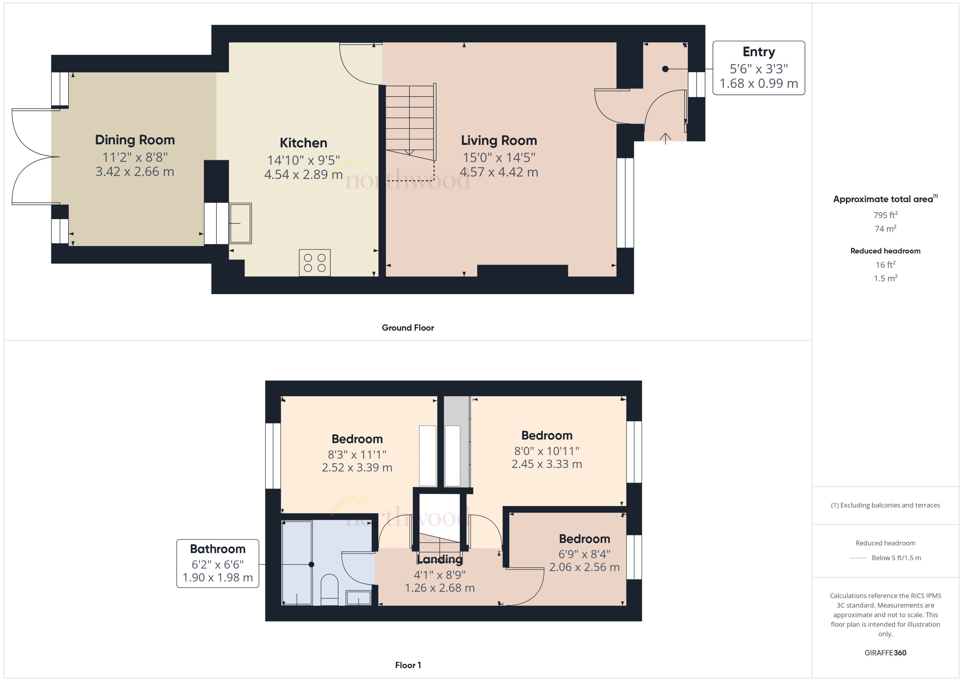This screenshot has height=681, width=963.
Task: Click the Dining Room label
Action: point(135,140)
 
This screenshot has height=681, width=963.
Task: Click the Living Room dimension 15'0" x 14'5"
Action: point(499,158)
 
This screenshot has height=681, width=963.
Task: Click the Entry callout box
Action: point(758,68)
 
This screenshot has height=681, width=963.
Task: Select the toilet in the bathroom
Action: point(329,589)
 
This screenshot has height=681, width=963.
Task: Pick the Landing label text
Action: point(439,559)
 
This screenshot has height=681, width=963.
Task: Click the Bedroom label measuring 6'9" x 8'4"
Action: point(584,539)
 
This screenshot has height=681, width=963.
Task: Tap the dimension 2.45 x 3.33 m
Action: point(546,464)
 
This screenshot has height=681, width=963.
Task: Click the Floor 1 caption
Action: point(407,665)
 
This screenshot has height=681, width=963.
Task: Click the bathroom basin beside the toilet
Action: point(358,597)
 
